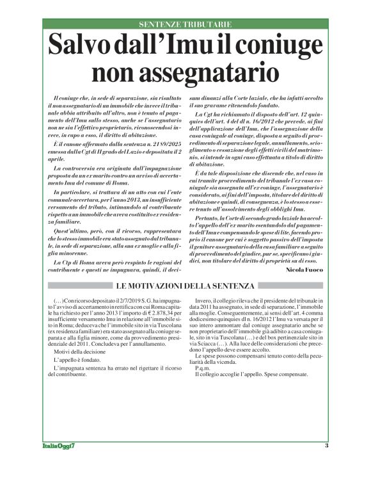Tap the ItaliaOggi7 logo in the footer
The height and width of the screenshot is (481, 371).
pos(55,446)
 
